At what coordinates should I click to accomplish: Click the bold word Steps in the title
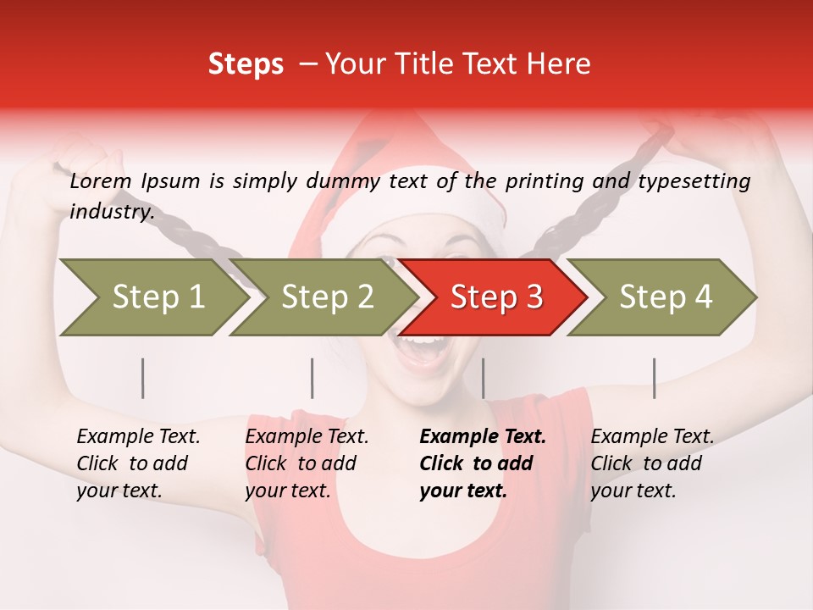246,64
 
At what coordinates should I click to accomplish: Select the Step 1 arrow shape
152,297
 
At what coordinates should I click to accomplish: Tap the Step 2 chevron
326,297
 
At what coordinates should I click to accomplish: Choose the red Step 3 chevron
495,297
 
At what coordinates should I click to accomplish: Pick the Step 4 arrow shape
665,297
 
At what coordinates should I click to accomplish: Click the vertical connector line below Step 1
143,378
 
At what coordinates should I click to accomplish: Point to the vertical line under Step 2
312,378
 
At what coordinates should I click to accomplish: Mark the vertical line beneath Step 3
484,378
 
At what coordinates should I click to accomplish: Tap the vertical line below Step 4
655,378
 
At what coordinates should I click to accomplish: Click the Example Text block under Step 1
138,463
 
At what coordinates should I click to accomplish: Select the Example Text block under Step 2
307,463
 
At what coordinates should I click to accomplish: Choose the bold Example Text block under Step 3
483,463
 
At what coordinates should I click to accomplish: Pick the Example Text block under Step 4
652,463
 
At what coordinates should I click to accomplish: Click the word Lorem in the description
100,181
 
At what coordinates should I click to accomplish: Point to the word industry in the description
111,212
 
